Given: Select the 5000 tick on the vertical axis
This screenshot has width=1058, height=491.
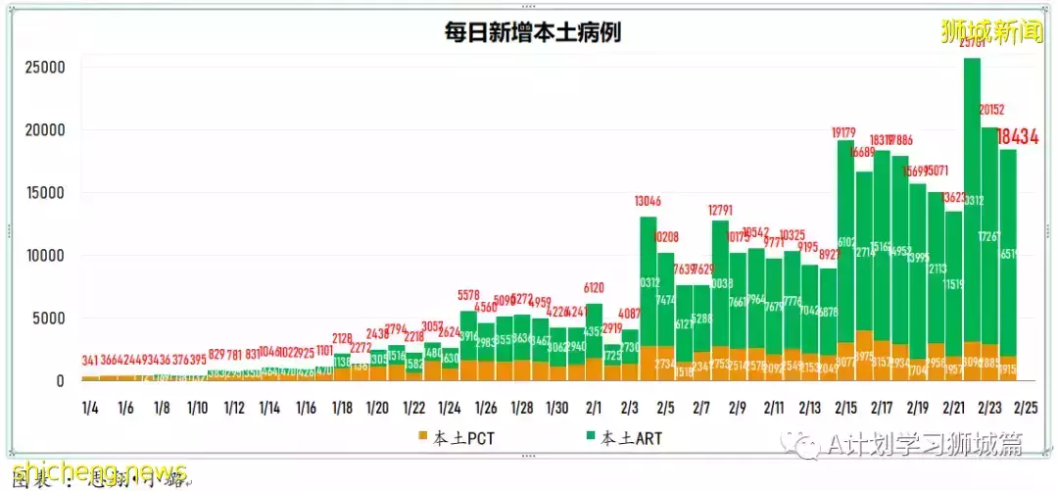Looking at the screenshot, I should tap(51, 319).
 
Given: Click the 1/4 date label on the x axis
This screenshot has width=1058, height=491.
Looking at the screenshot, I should tap(90, 407).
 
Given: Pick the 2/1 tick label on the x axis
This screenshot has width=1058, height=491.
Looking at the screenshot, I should tap(594, 407).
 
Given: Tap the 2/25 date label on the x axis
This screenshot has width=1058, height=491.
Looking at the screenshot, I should tap(1026, 407).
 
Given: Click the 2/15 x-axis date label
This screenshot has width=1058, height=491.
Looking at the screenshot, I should tap(845, 407).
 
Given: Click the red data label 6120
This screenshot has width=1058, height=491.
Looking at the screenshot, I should tap(594, 289).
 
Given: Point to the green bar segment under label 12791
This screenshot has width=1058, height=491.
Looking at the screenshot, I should tap(720, 284).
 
